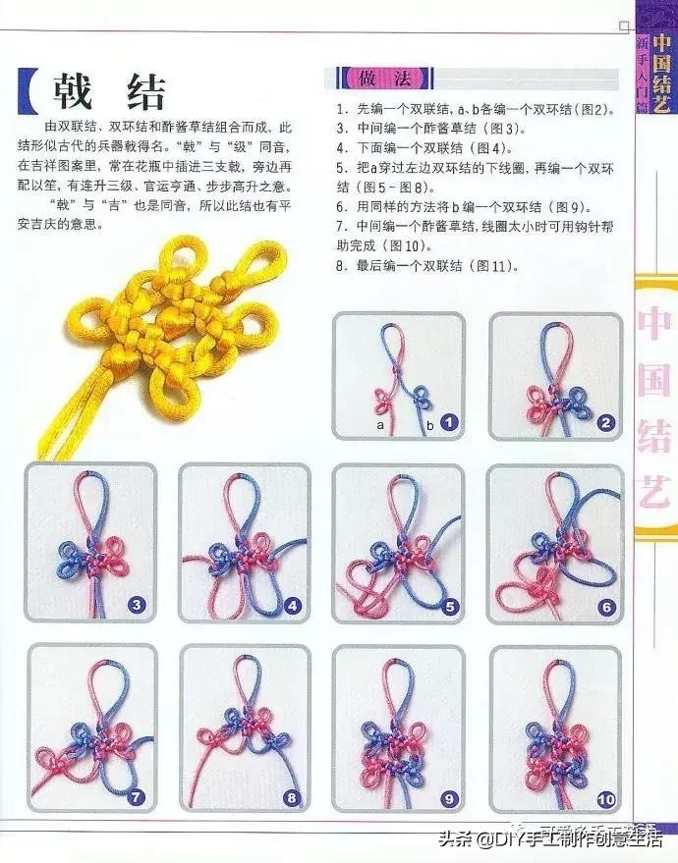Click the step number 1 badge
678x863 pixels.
450,423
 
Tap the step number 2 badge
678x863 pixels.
606,423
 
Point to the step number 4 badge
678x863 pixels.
293,606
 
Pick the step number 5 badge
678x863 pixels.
450,607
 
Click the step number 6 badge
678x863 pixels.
606,607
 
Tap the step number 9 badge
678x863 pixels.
450,797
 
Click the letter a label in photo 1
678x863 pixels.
379,425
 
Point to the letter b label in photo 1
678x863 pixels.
430,425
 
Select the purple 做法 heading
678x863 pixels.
378,78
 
